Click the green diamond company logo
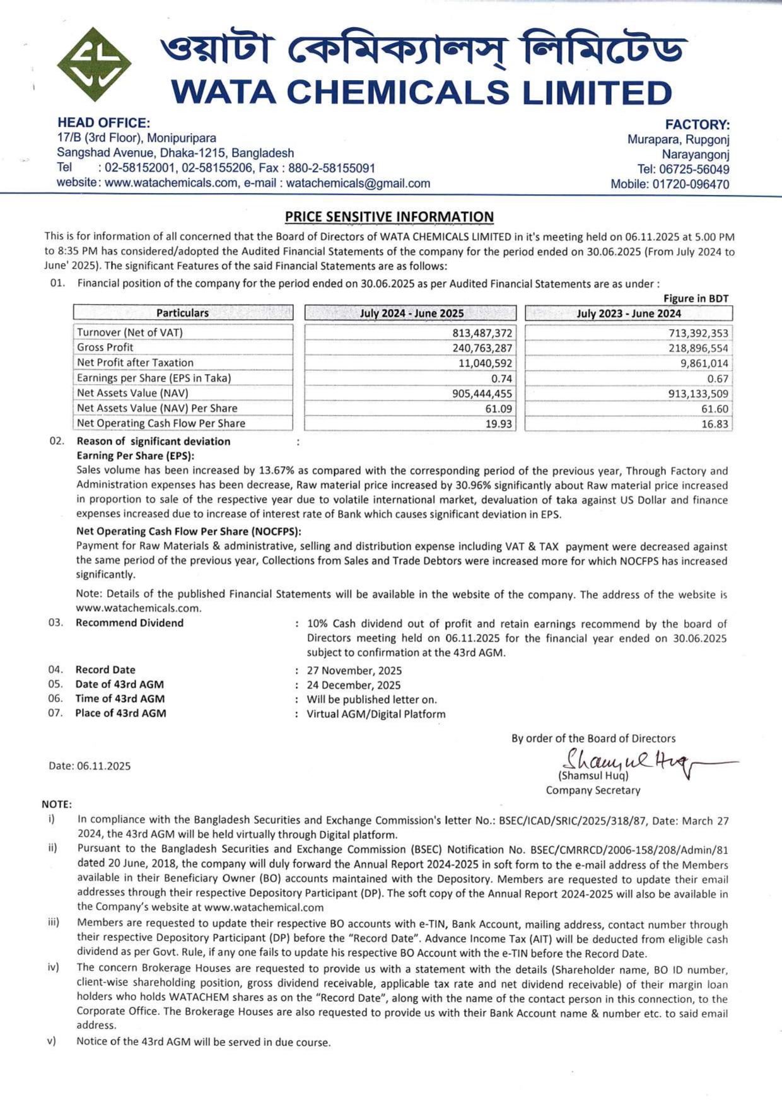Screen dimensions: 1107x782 (94, 65)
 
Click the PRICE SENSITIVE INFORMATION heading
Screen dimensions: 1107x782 (389, 217)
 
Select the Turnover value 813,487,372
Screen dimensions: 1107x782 (482, 333)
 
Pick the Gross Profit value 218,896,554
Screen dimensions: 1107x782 (698, 348)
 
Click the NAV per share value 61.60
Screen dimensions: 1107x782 (715, 409)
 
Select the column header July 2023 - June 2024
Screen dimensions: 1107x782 (629, 313)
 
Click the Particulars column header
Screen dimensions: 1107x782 (182, 313)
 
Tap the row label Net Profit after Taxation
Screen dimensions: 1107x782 (135, 363)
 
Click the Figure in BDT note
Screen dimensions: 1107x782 (696, 298)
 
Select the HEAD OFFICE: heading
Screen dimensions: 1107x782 (103, 123)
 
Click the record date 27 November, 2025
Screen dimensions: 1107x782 (354, 671)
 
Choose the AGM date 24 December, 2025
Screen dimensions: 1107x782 (353, 685)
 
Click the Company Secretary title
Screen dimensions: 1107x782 (593, 790)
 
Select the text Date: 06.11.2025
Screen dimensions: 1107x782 (90, 766)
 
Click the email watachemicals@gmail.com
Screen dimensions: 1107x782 (358, 184)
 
